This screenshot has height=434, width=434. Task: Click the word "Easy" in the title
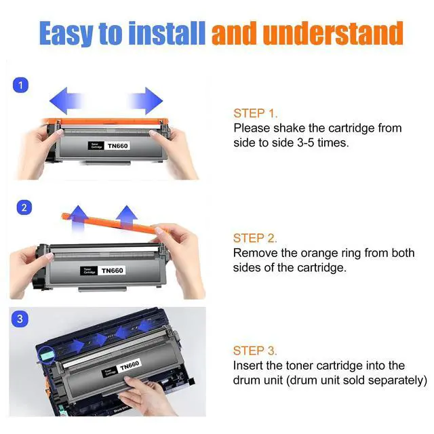point(66,34)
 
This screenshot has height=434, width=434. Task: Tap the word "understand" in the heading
point(333,33)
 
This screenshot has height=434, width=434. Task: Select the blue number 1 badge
point(21,85)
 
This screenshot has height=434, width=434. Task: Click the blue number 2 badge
point(24,208)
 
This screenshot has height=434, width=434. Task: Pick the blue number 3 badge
point(20,319)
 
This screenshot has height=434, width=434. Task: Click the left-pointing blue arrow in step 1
point(66,101)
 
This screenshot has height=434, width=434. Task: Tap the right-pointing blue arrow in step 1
point(146,101)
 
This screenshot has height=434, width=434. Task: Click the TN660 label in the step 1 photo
point(117,146)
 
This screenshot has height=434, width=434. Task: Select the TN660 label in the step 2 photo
point(112,271)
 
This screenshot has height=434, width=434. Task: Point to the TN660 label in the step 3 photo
point(130,366)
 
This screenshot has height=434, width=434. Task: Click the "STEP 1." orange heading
point(255,113)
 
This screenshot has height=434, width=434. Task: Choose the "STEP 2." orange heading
point(255,238)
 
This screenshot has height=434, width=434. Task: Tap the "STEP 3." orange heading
point(255,351)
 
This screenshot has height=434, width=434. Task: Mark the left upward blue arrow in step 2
point(78,218)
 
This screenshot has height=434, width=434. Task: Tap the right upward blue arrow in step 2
point(127,218)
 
